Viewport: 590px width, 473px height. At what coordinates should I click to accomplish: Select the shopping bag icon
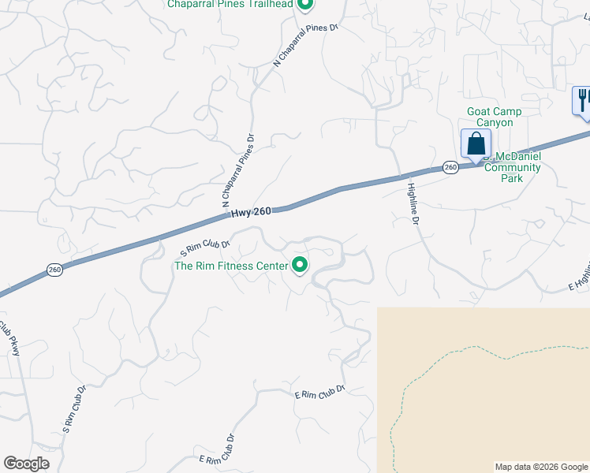click(x=476, y=144)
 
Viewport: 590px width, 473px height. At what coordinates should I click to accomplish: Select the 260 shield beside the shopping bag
click(x=450, y=167)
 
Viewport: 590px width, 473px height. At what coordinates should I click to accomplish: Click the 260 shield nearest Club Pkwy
click(x=54, y=270)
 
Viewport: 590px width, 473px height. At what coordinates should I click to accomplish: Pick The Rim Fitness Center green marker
click(x=300, y=266)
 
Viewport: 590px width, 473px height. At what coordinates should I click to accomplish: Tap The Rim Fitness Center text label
click(x=231, y=266)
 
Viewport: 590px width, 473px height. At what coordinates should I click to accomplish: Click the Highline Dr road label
click(x=412, y=204)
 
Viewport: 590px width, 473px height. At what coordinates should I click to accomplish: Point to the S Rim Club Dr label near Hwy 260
click(x=205, y=248)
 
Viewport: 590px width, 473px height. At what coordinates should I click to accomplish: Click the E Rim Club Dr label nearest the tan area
click(x=319, y=392)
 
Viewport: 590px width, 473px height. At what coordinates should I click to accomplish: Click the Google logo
click(x=26, y=464)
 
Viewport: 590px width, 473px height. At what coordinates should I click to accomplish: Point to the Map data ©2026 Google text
click(x=542, y=467)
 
